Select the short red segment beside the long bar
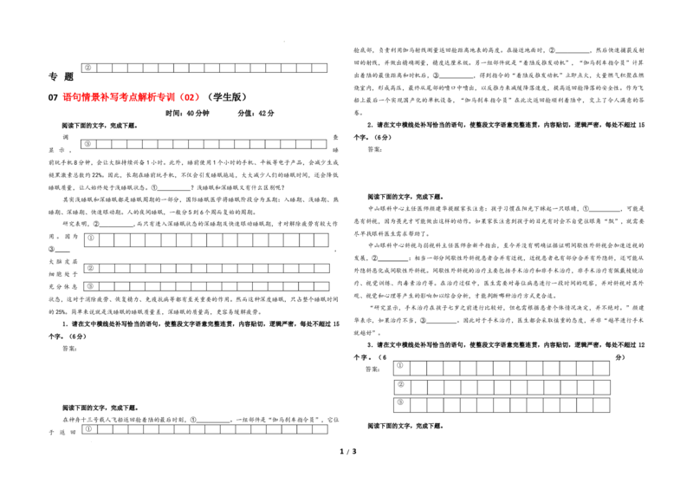click(x=190, y=97)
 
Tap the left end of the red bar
click(x=63, y=97)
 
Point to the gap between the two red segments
click(x=178, y=97)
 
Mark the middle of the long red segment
click(x=120, y=97)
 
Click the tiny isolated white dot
click(x=156, y=318)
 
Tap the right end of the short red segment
click(x=199, y=97)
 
